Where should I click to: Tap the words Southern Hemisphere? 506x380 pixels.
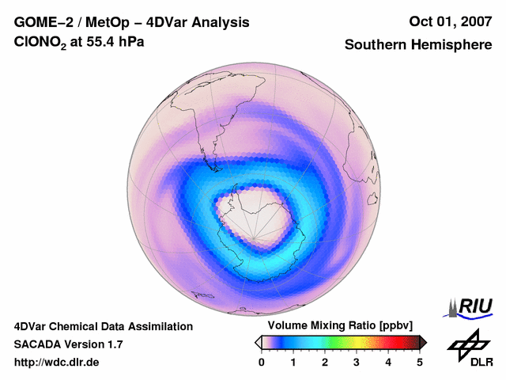pyautogui.click(x=418, y=45)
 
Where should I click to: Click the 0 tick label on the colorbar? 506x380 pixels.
pyautogui.click(x=262, y=363)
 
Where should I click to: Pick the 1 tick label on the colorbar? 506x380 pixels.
pyautogui.click(x=293, y=363)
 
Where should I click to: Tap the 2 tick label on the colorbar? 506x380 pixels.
pyautogui.click(x=325, y=363)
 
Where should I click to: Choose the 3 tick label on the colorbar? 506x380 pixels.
pyautogui.click(x=357, y=363)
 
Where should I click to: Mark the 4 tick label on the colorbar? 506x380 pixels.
pyautogui.click(x=388, y=363)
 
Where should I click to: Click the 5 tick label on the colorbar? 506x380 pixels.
pyautogui.click(x=420, y=363)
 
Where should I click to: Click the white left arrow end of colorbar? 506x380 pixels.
pyautogui.click(x=258, y=342)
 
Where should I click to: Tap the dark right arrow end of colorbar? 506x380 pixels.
pyautogui.click(x=423, y=342)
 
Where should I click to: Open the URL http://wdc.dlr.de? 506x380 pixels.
pyautogui.click(x=56, y=363)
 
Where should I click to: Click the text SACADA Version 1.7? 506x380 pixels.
pyautogui.click(x=68, y=344)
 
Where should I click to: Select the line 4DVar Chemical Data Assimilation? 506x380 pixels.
pyautogui.click(x=103, y=326)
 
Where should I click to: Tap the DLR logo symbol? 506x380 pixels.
pyautogui.click(x=468, y=344)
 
